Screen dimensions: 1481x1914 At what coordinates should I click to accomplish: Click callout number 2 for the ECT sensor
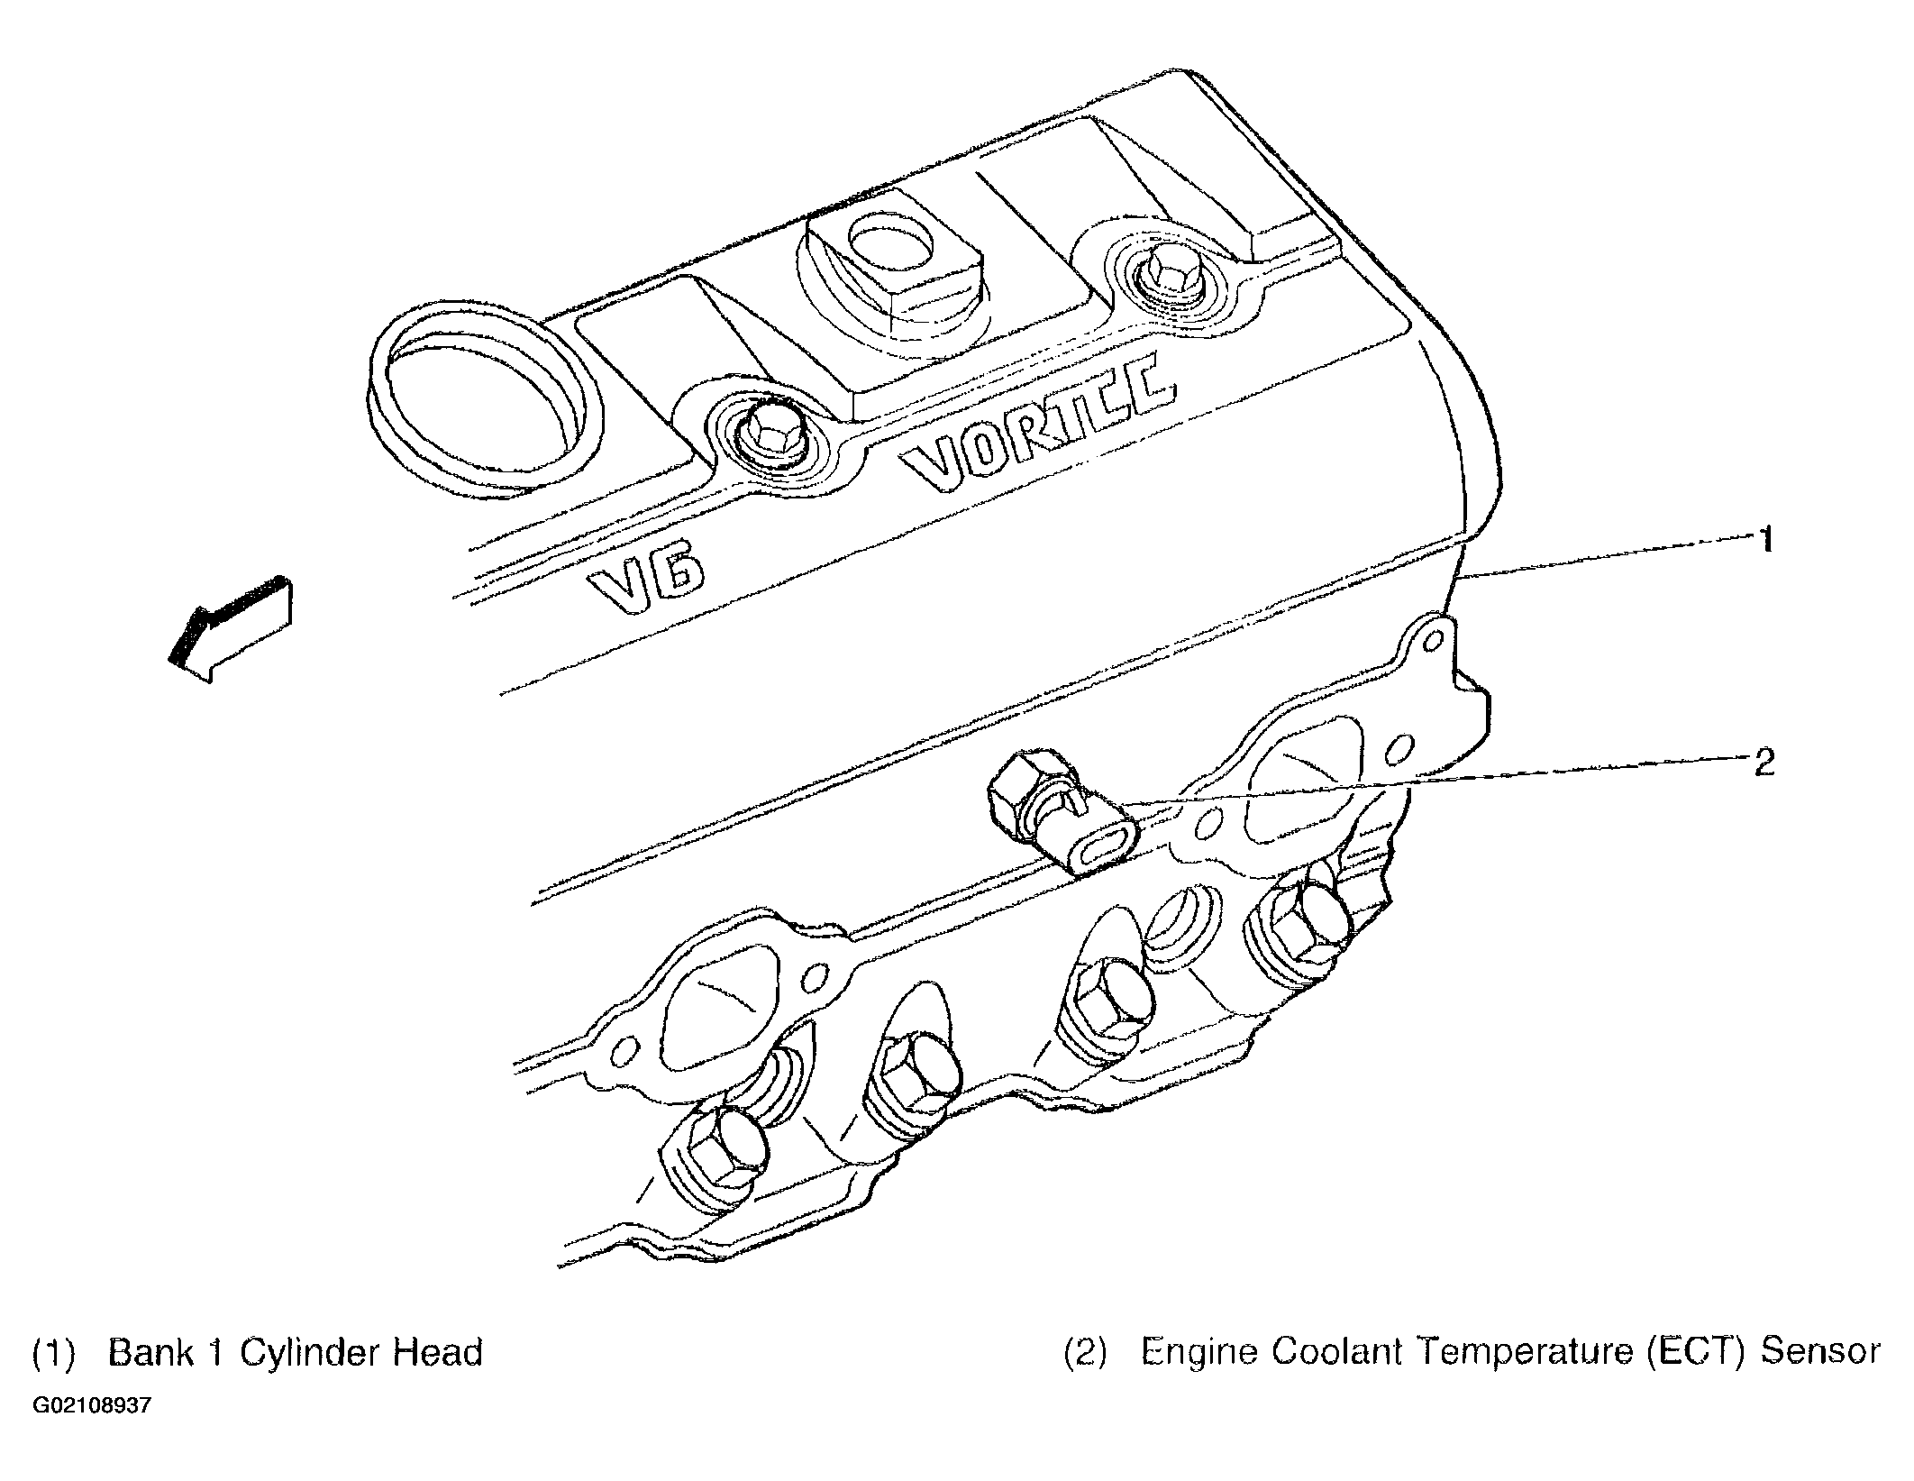[1764, 763]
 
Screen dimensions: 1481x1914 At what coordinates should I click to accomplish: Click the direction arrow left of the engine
[232, 630]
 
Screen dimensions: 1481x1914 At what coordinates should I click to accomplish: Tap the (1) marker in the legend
[52, 1354]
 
